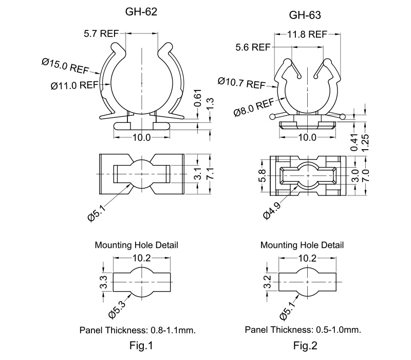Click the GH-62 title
141,12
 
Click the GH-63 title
305,15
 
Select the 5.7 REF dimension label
101,33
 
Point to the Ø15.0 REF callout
65,66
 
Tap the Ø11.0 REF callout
74,85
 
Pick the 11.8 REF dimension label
307,34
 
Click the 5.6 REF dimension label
253,47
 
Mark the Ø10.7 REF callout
241,83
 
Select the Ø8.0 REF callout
254,107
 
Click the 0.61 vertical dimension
198,98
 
